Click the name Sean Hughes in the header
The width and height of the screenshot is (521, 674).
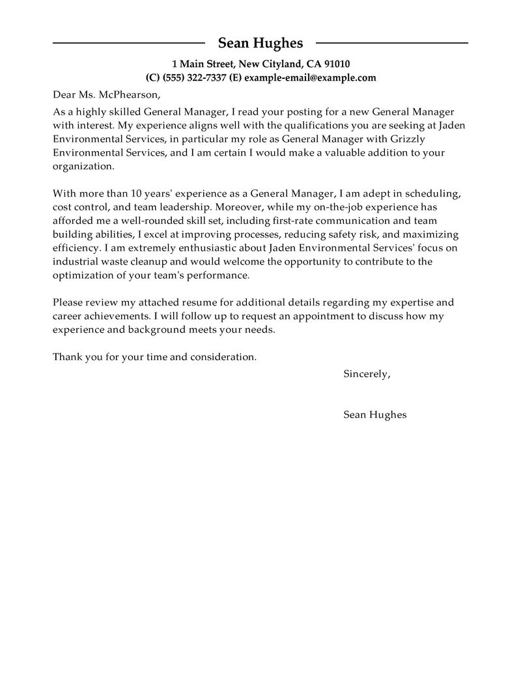coord(260,44)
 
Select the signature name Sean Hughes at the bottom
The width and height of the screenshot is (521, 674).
coord(374,415)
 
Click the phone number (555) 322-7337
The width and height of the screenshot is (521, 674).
coord(194,78)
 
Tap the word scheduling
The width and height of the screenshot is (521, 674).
coord(435,193)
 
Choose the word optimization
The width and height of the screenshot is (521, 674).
coord(81,275)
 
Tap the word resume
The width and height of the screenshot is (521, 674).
coord(206,303)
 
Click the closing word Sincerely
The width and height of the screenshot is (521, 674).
coord(367,374)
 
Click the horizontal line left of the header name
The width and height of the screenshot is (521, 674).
coord(130,44)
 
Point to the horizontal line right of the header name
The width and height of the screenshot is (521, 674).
coord(391,44)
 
